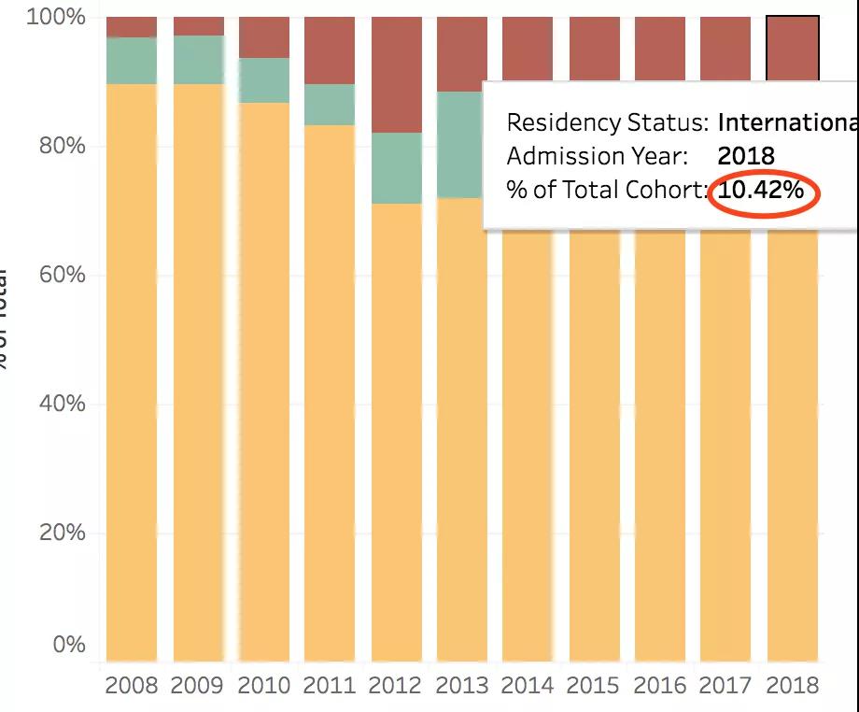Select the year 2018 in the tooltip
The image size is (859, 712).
[746, 156]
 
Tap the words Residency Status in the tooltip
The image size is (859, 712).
[608, 122]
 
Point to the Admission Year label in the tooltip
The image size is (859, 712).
[598, 156]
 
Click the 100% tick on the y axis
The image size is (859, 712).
[57, 18]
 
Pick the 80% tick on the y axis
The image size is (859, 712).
[62, 147]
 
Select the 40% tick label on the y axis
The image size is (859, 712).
[62, 405]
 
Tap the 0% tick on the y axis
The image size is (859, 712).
[68, 645]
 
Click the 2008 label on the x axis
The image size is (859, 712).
[132, 686]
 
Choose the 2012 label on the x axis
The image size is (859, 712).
[396, 686]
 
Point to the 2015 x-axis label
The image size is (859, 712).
[594, 686]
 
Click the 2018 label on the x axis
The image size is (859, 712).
[793, 686]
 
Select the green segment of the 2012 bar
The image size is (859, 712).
[396, 168]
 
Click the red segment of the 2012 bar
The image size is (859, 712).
[396, 75]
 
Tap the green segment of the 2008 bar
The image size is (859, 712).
[132, 61]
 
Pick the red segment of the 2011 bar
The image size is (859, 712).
[330, 50]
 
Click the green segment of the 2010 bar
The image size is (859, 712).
[263, 80]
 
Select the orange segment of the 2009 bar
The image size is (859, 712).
[198, 374]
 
